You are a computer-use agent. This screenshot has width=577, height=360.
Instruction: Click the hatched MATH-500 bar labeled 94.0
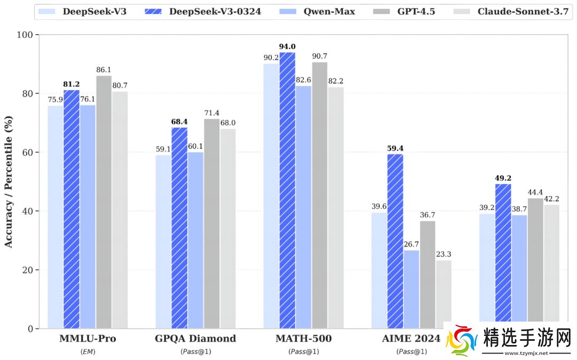287,190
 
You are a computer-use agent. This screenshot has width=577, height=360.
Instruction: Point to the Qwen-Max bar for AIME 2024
411,289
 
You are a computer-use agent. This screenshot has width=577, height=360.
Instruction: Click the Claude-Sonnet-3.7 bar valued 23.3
443,294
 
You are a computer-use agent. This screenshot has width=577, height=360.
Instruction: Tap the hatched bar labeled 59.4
395,241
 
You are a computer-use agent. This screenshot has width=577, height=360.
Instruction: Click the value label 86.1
104,69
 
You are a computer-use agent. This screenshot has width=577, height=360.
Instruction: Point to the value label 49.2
503,178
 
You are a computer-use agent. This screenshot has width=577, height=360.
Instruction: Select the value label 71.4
212,113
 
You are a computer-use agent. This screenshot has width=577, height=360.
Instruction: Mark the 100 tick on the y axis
25,35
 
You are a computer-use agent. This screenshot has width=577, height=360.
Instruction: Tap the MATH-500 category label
303,339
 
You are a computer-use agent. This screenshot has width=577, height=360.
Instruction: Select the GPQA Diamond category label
196,339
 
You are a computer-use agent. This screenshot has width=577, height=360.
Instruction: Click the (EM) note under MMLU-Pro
88,351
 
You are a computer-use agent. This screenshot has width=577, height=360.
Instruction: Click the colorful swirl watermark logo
462,341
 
